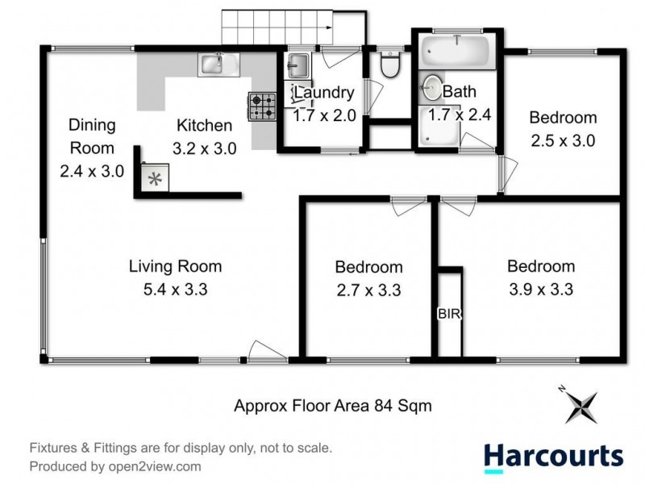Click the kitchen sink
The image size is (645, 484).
coord(214,63)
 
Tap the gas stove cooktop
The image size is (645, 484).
coord(261,106)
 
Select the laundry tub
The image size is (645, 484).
coord(296,65)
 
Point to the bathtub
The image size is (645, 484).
coord(457,48)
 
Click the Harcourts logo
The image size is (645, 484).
coord(553,456)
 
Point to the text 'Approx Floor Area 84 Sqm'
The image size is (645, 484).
coord(332,407)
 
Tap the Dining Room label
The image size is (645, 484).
coord(91,136)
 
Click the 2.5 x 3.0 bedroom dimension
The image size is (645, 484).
coord(563,140)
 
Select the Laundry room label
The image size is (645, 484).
coord(323,93)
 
